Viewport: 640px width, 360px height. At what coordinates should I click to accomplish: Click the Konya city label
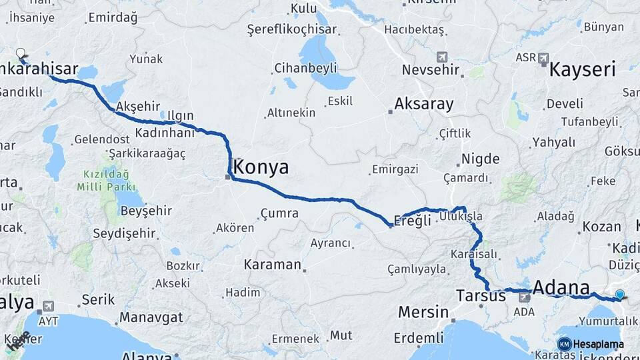[261, 167]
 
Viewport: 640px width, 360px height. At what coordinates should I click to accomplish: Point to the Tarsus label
[481, 295]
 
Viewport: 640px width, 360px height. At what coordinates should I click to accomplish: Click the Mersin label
[423, 311]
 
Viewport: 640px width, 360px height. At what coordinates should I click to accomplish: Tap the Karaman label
[273, 264]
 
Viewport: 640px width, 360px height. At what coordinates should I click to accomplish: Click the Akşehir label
[138, 106]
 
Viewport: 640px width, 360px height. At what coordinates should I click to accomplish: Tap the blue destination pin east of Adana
[620, 294]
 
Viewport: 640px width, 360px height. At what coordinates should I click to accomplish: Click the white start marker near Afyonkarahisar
[21, 53]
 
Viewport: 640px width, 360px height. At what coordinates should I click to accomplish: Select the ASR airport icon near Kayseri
[545, 58]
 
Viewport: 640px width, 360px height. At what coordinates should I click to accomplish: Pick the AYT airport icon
[47, 307]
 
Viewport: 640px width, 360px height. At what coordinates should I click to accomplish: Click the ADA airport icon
[525, 297]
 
